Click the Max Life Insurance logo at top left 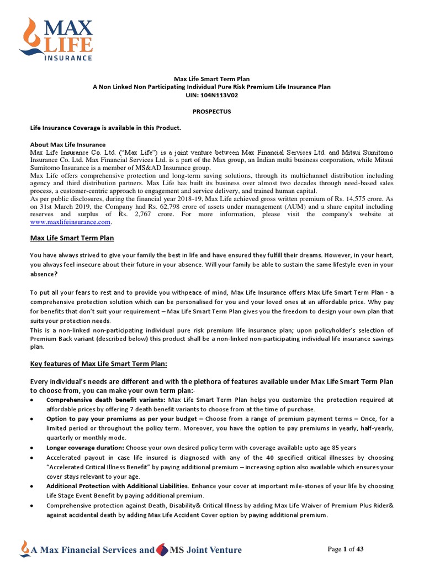coord(56,39)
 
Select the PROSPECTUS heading coord(211,111)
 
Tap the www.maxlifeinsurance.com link coord(70,222)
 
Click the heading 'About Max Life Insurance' coord(67,144)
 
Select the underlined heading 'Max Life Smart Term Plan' coord(71,238)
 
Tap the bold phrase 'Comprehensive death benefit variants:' coord(106,400)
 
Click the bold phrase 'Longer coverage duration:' coord(86,447)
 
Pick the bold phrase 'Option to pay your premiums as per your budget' coord(118,418)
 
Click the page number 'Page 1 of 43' coord(346,549)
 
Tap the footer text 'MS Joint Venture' coord(205,549)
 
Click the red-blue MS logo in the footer coord(162,549)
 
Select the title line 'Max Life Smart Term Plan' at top coord(211,79)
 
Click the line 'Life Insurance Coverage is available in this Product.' coord(105,128)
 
